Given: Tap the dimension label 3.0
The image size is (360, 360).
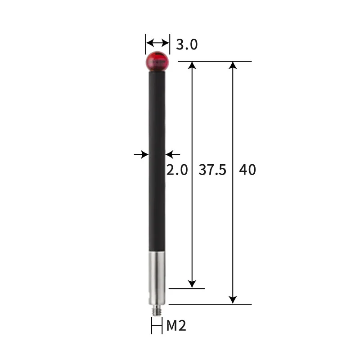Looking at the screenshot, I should click(x=186, y=45).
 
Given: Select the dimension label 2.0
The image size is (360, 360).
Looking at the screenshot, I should click(x=176, y=170).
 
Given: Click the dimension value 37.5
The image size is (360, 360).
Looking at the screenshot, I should click(x=212, y=170).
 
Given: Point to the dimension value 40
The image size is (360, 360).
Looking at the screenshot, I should click(x=247, y=170).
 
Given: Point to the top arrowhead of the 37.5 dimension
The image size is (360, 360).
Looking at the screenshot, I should click(x=192, y=65).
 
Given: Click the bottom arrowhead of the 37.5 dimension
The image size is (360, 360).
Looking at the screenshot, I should click(x=192, y=283).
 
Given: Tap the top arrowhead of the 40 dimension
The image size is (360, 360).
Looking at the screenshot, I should click(x=233, y=65).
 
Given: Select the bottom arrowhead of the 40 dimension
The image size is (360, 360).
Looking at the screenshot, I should click(x=233, y=299).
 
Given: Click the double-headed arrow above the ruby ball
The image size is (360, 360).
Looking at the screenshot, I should click(x=157, y=43).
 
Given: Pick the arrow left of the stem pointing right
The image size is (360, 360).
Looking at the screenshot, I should click(x=142, y=154).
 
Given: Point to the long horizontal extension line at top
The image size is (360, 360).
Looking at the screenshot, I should click(x=215, y=61).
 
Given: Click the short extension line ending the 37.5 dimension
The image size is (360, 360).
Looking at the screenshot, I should click(x=186, y=288).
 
